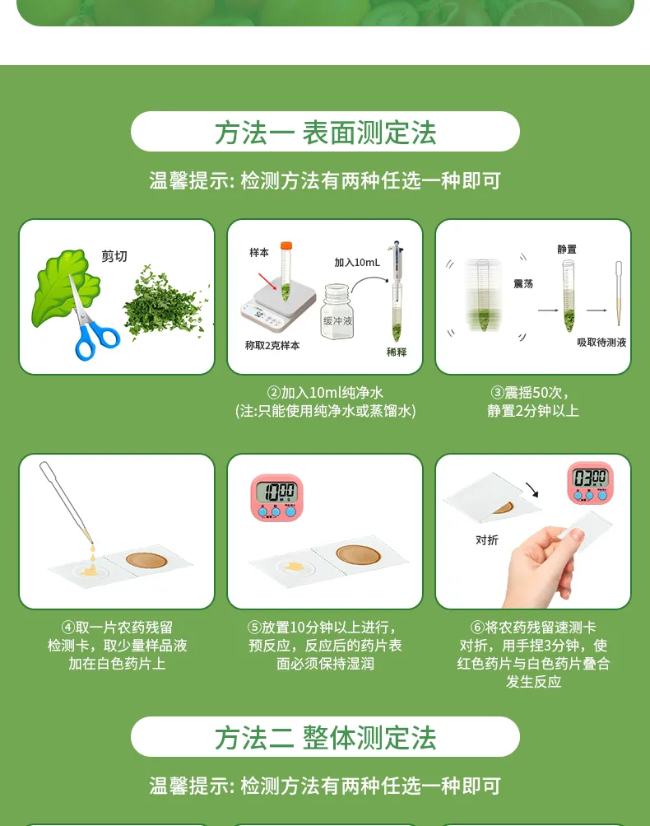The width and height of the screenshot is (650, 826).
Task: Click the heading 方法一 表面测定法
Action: [x=325, y=132]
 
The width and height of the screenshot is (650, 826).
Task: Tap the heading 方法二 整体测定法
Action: [x=325, y=737]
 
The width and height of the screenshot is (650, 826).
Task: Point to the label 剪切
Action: [x=114, y=256]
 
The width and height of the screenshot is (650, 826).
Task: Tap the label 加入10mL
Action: [x=357, y=262]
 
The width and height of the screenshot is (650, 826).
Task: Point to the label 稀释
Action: [x=397, y=352]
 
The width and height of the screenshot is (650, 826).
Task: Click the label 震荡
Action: [x=523, y=283]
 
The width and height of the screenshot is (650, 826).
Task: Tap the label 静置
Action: [x=567, y=249]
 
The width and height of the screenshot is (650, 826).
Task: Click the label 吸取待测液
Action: [x=601, y=342]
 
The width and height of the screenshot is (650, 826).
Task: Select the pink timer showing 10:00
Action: [x=276, y=497]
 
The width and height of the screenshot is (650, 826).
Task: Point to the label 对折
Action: [x=487, y=540]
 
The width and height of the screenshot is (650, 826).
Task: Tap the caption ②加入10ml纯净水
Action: [x=325, y=393]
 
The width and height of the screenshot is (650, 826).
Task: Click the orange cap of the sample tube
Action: [x=286, y=245]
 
